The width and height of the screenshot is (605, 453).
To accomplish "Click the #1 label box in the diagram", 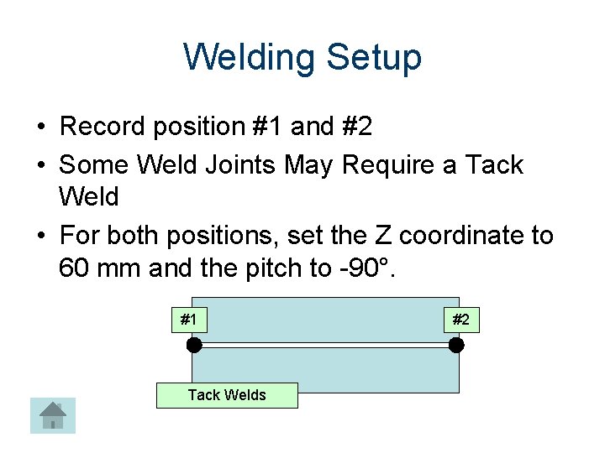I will point(189,320).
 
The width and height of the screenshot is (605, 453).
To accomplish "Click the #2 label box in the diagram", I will point(460,320).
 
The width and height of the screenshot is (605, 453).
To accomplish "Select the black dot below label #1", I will point(194,345).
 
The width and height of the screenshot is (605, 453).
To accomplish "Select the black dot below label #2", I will point(456,345).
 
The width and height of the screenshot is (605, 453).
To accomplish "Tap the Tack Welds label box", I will point(227,395).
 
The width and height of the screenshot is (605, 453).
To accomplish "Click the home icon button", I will point(53,415).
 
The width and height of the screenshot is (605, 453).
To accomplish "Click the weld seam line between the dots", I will point(325,345).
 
